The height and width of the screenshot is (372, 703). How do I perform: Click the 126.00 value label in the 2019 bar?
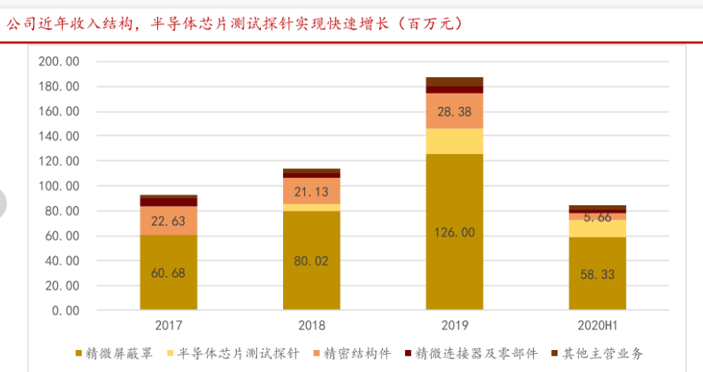[455, 233]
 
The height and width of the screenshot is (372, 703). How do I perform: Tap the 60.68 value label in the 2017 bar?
[169, 273]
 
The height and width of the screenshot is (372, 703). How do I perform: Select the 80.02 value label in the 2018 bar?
[311, 261]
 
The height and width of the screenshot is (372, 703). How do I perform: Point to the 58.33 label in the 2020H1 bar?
[598, 274]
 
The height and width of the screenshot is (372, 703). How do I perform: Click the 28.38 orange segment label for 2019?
[455, 112]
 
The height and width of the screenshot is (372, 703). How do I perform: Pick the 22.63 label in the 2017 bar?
[169, 221]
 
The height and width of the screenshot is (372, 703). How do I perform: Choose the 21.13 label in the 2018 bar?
[311, 191]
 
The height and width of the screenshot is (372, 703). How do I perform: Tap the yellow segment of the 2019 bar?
[455, 141]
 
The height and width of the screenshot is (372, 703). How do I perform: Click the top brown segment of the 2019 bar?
[455, 82]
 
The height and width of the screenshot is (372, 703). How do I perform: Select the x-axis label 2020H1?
[598, 325]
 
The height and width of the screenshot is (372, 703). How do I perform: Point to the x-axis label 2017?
[169, 325]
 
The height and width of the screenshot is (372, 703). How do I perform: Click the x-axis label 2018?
[311, 325]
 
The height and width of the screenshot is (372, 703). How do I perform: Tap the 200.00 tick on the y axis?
[60, 61]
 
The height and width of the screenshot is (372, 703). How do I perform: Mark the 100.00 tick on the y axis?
[60, 186]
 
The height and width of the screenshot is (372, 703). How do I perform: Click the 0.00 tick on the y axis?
[65, 311]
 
